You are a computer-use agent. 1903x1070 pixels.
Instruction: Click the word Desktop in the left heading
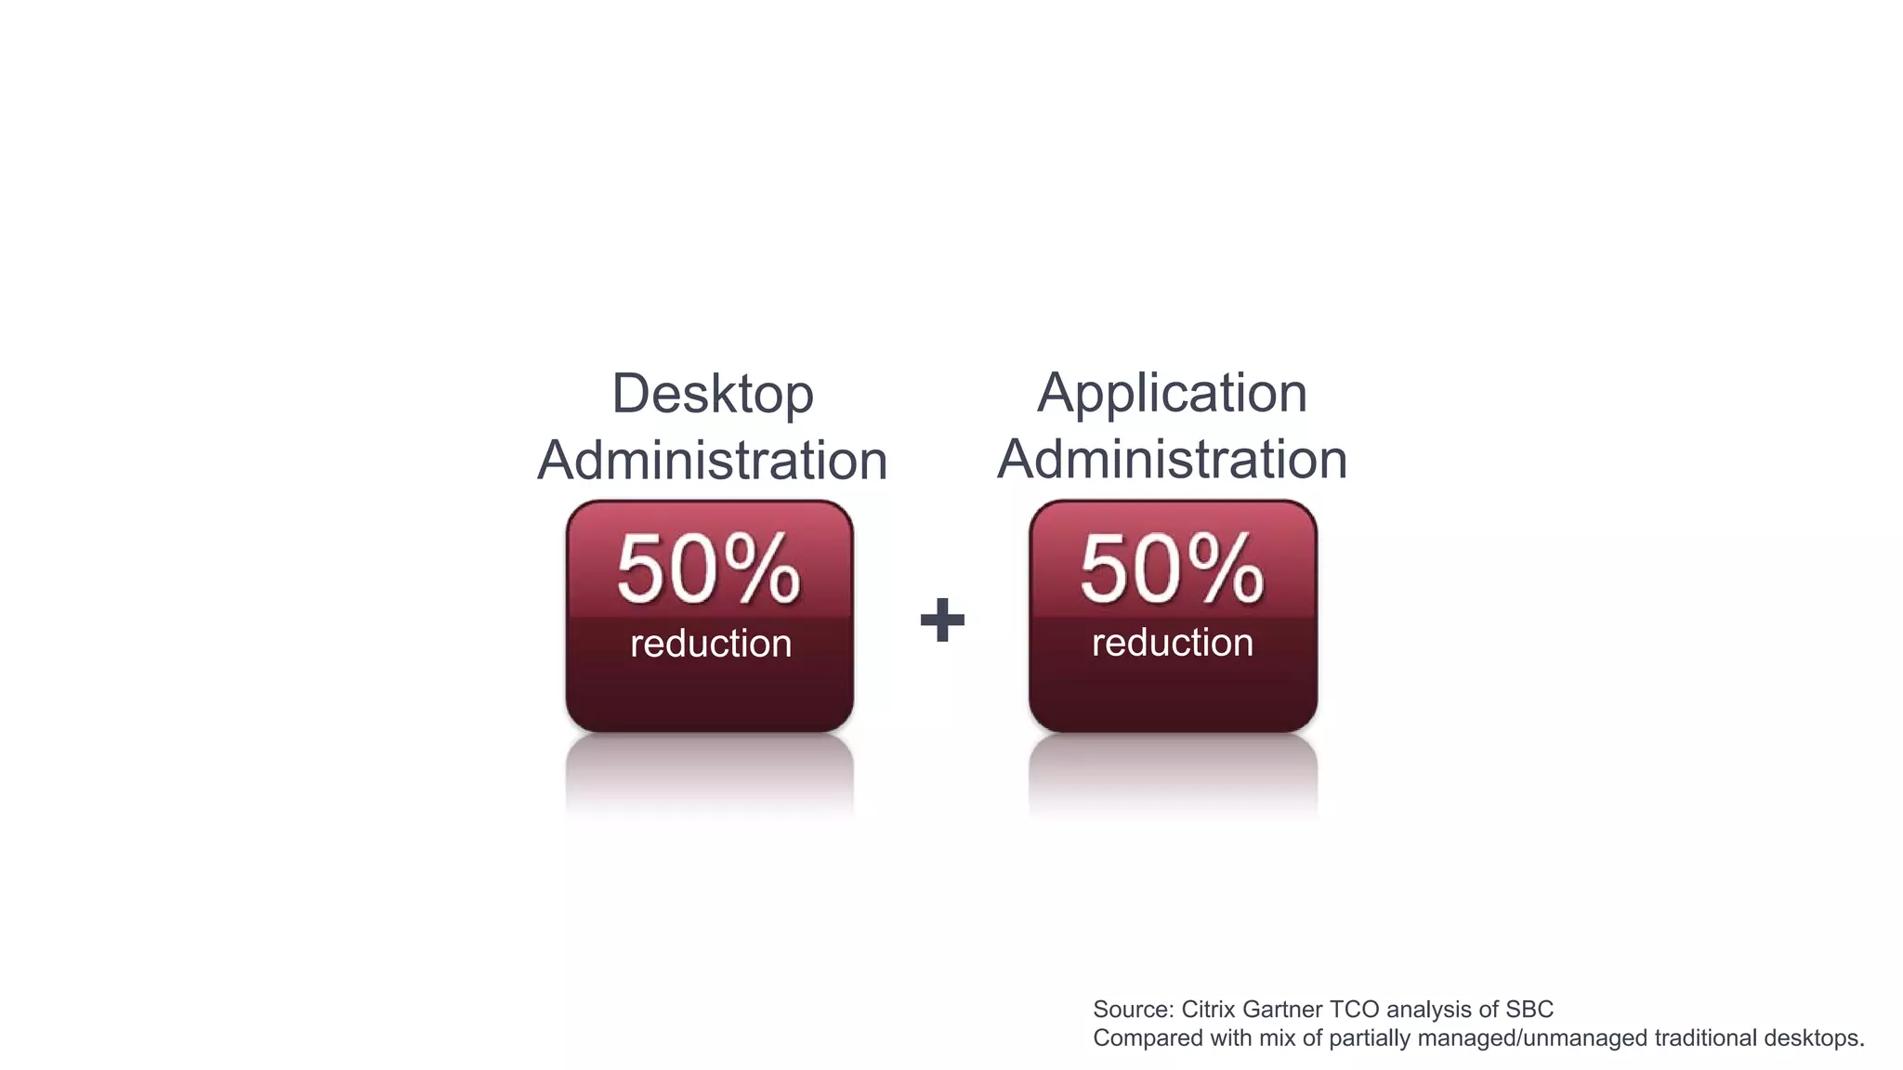713,394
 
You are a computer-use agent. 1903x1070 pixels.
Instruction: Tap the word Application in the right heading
1172,394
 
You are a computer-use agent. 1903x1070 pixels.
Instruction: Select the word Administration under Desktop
713,460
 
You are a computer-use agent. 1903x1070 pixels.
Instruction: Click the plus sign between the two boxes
942,620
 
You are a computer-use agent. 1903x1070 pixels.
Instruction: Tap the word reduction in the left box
711,644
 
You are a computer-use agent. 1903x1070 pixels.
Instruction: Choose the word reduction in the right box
1173,643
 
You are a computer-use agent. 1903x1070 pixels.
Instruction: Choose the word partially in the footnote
1364,1038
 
